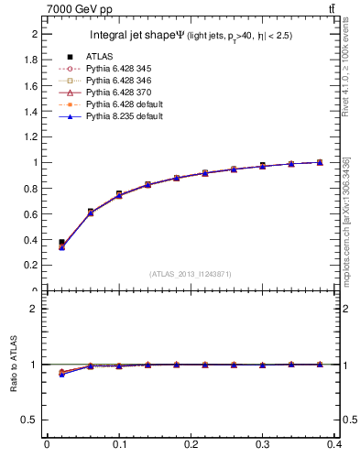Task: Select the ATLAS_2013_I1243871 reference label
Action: coord(191,274)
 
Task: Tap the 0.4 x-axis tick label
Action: coord(335,448)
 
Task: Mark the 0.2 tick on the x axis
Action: coord(191,448)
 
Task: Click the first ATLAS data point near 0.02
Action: coord(61,243)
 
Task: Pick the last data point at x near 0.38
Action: coord(320,162)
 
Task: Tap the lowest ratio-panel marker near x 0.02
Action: coord(61,375)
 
